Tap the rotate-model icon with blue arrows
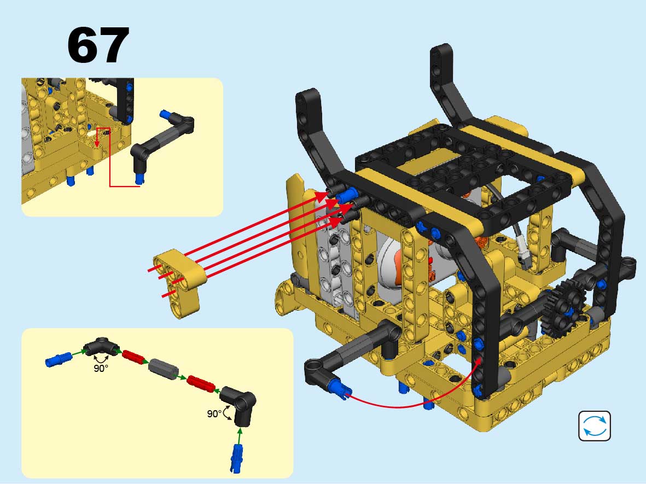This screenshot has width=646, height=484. (595, 426)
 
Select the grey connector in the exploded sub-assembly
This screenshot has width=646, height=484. (162, 369)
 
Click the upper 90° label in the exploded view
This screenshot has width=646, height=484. (101, 368)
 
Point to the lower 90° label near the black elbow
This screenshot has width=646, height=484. (214, 413)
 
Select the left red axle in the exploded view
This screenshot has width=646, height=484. (135, 357)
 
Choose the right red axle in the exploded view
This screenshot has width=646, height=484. (201, 384)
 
